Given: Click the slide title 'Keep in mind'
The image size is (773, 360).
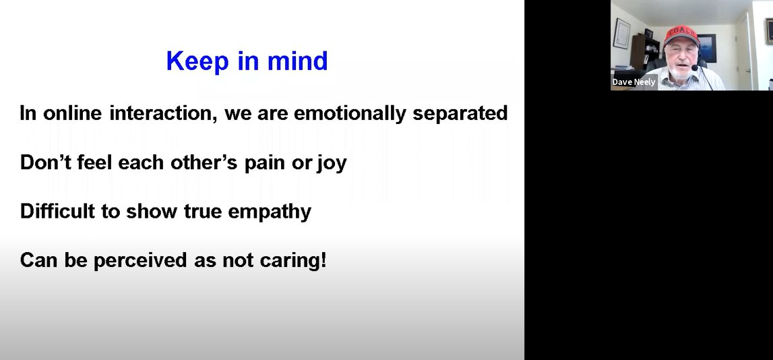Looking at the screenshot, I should click(247, 61).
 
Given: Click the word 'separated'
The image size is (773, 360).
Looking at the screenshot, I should click(460, 113).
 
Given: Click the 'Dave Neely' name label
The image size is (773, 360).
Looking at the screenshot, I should click(633, 82).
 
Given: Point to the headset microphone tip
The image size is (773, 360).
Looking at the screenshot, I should click(694, 68).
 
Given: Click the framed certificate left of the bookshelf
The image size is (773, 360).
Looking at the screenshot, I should click(621, 33).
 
